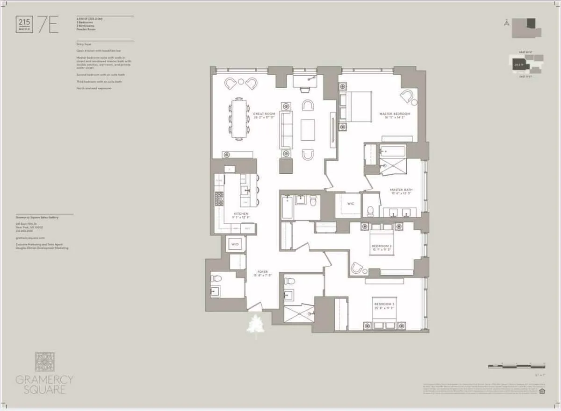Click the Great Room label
click(x=264, y=115)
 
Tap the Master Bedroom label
click(x=395, y=115)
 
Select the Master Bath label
click(x=400, y=191)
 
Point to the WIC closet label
click(x=351, y=204)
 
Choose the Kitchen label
click(x=241, y=215)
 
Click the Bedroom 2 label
click(x=381, y=248)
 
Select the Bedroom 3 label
click(x=384, y=306)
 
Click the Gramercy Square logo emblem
click(x=44, y=362)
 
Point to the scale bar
click(x=516, y=365)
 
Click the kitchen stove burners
click(x=219, y=198)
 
